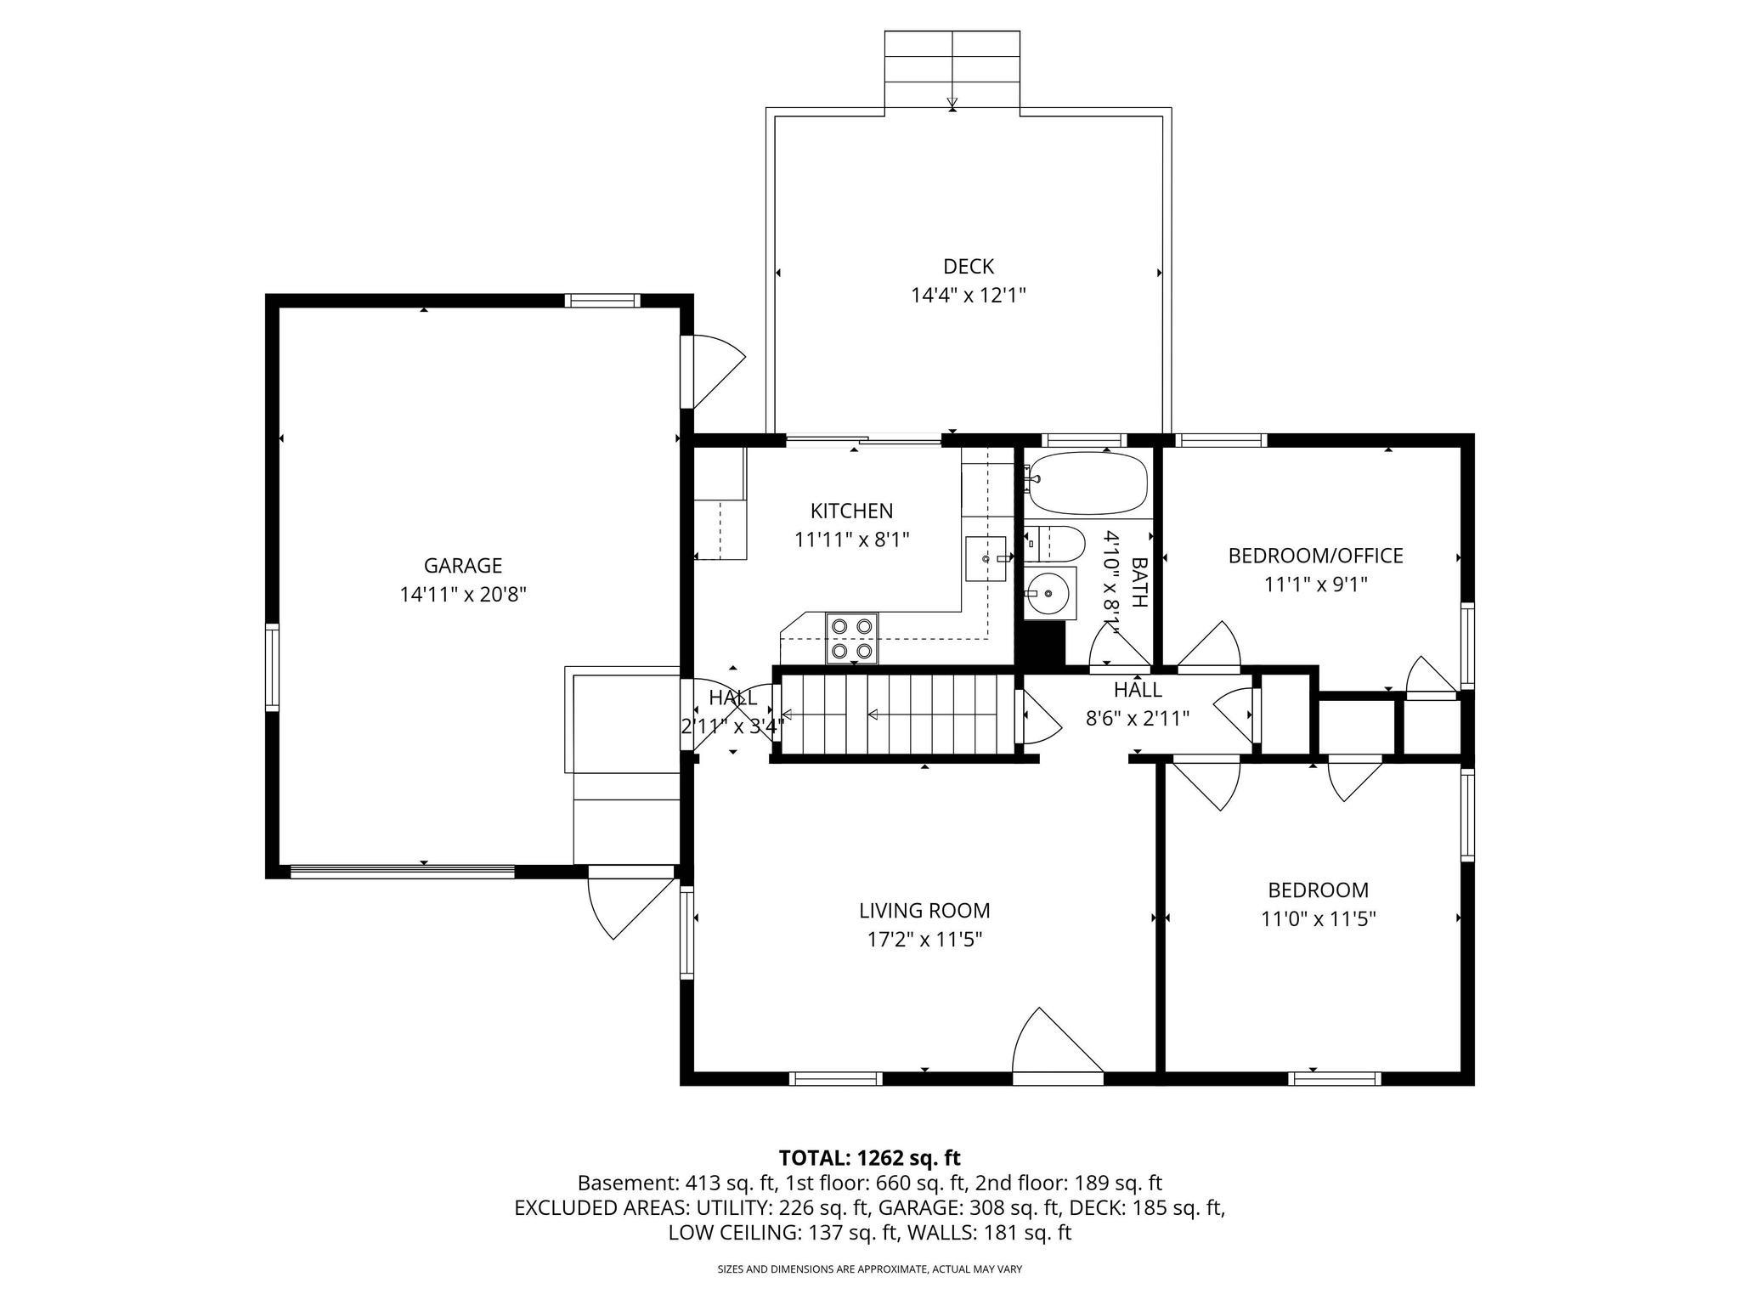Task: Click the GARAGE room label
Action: [x=463, y=565]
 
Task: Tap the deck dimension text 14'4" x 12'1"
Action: [x=969, y=296]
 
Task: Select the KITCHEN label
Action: [x=851, y=511]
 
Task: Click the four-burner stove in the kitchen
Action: [x=852, y=638]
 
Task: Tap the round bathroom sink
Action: [x=1049, y=593]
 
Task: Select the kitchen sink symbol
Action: [x=986, y=558]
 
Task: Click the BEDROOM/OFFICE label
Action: [x=1315, y=556]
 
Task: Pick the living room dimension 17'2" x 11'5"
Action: [x=924, y=940]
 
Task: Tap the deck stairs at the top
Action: [x=952, y=68]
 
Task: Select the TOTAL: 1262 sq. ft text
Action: [x=869, y=1158]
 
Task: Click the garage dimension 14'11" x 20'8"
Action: [x=463, y=594]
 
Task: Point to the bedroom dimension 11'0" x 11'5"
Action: [x=1318, y=919]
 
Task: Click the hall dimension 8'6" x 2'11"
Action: [x=1138, y=718]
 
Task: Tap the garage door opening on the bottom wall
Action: [x=402, y=871]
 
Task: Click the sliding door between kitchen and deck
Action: [x=863, y=440]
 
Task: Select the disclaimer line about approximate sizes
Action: [x=869, y=1269]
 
